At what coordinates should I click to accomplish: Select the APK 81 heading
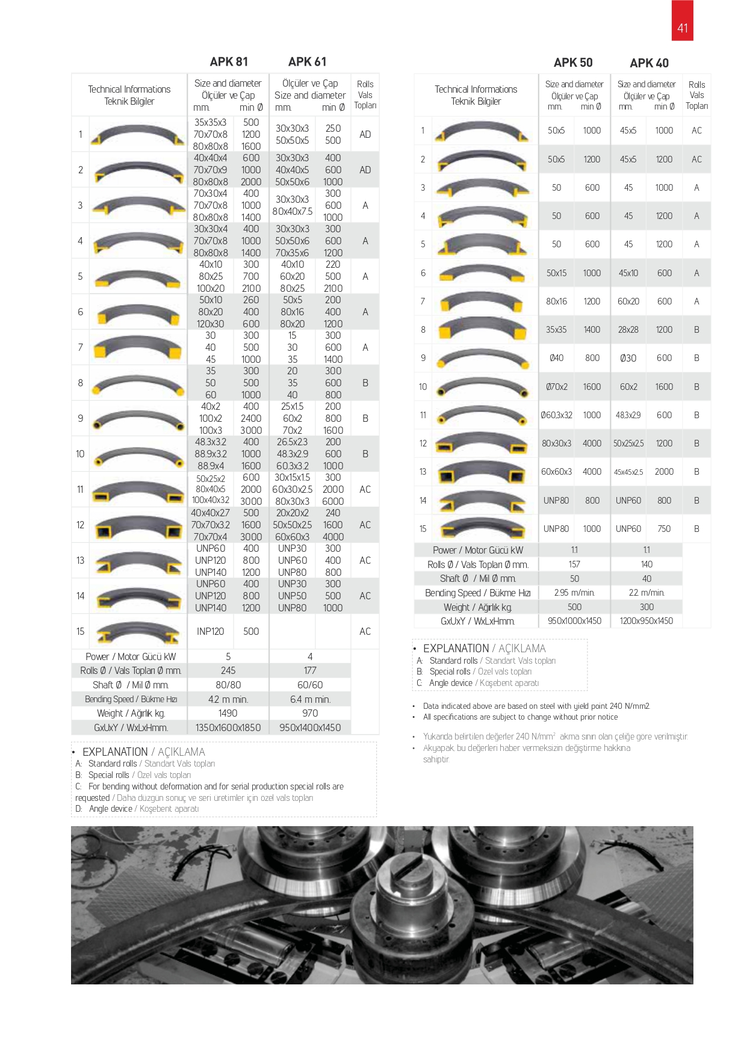pos(229,62)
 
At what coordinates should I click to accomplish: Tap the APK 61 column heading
pos(307,62)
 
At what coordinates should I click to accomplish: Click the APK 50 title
pos(573,63)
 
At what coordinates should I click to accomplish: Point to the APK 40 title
pos(649,63)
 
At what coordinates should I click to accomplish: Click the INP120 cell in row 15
pos(210,631)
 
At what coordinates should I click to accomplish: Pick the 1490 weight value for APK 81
pos(228,713)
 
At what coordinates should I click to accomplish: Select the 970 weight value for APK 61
pos(310,713)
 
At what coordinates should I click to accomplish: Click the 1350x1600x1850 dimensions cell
pos(228,727)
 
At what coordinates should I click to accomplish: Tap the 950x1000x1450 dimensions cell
pos(574,621)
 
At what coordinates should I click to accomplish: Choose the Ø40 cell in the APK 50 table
pos(556,358)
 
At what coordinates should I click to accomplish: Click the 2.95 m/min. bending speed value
pos(574,593)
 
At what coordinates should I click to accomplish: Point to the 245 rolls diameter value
pos(228,670)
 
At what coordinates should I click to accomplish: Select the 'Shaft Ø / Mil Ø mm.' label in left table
pos(130,685)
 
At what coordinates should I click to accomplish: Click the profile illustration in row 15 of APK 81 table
pos(138,632)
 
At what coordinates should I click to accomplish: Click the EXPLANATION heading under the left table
pos(115,752)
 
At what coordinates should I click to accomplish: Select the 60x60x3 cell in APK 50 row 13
pos(556,472)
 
